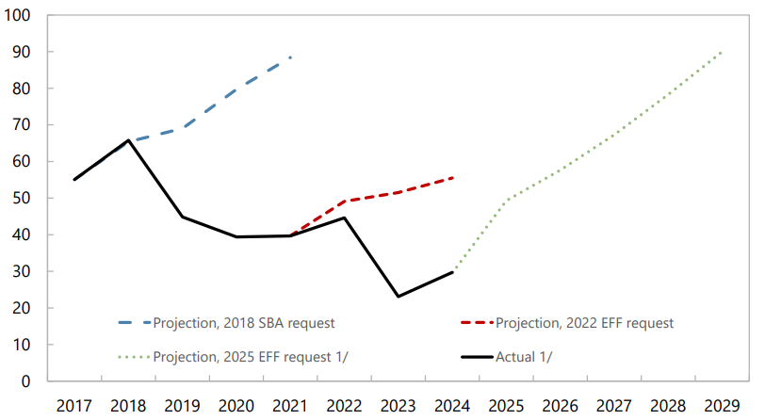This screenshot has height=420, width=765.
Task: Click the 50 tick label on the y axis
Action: click(x=23, y=199)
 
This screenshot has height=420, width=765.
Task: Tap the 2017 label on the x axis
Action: click(x=74, y=405)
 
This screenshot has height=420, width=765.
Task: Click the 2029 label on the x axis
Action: click(x=721, y=405)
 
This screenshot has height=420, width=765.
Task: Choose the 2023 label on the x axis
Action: click(x=398, y=405)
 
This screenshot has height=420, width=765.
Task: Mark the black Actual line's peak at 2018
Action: click(x=128, y=140)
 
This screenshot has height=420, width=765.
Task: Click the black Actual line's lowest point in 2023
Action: click(x=398, y=297)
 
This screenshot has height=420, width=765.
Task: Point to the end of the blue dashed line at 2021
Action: click(x=290, y=57)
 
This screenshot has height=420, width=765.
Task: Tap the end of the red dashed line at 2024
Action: click(x=452, y=178)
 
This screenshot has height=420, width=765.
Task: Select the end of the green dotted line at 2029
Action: click(x=722, y=52)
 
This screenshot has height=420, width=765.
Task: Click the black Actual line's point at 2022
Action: click(x=344, y=218)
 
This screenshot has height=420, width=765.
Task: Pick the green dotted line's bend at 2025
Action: click(x=506, y=200)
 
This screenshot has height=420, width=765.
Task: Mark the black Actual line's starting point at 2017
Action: click(x=74, y=180)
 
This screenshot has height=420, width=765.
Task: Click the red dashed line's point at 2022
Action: click(x=344, y=201)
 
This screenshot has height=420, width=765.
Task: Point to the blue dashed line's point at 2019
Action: click(x=182, y=128)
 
